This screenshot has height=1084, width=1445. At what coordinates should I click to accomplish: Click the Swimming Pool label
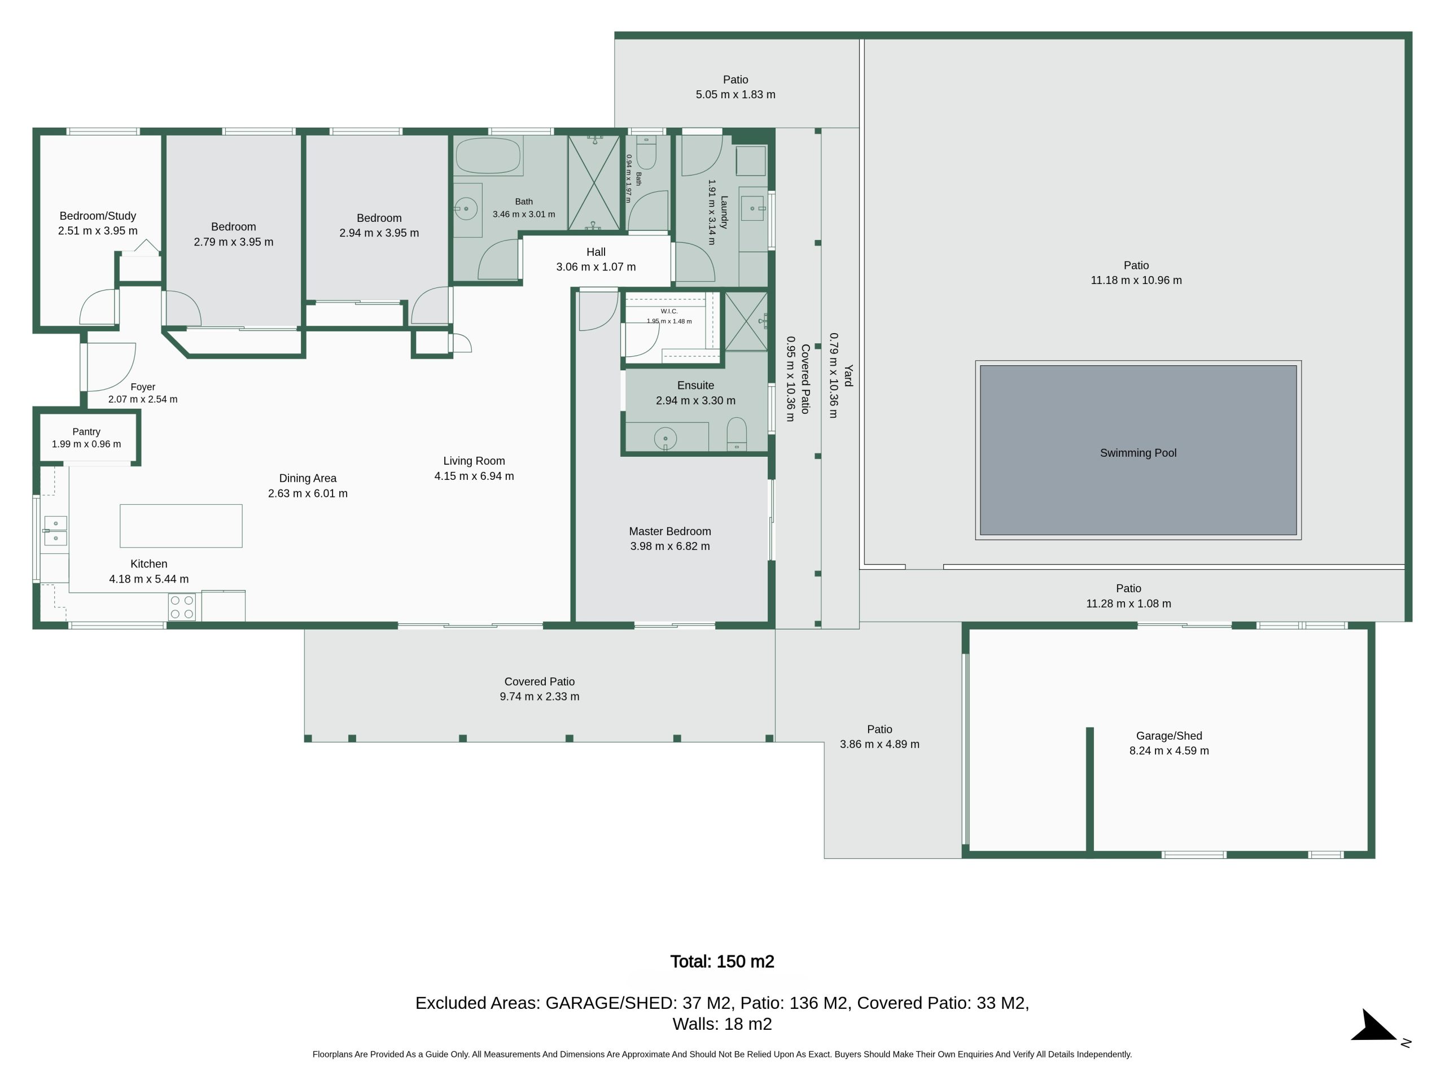[x=1138, y=453]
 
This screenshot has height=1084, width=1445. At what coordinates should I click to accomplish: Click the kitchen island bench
[x=181, y=525]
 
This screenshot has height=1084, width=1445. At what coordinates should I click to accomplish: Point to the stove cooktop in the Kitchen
[x=182, y=606]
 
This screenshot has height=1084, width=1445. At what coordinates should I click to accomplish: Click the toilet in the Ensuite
[x=736, y=434]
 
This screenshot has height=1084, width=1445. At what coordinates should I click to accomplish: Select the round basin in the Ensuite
[x=665, y=439]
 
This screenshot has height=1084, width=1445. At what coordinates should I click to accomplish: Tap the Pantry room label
[x=86, y=432]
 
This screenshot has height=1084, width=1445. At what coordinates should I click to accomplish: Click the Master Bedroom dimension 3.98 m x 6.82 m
[x=669, y=547]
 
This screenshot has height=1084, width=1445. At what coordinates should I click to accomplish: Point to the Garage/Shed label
[x=1168, y=736]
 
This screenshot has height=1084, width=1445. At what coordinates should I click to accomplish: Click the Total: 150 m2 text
[x=722, y=961]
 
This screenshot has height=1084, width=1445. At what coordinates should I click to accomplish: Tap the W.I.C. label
[x=669, y=311]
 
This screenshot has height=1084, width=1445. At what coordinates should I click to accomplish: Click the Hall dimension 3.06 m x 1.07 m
[x=595, y=266]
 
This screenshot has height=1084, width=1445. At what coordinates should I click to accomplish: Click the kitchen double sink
[x=55, y=531]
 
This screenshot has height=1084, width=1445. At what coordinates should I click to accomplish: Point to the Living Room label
[x=474, y=461]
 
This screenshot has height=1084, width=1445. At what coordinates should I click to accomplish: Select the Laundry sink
[x=752, y=208]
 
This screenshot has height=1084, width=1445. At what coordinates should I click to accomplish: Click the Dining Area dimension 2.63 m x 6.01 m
[x=308, y=493]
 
